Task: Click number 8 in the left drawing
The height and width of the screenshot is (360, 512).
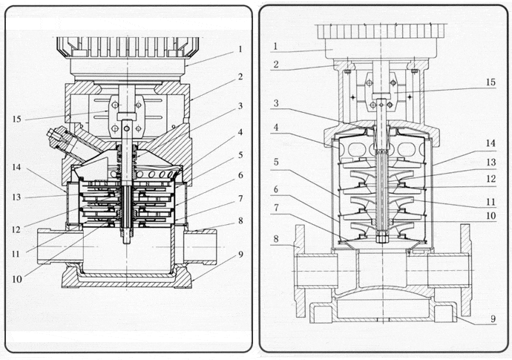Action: click(240, 221)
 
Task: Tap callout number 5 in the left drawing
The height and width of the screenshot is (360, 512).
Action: click(240, 155)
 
